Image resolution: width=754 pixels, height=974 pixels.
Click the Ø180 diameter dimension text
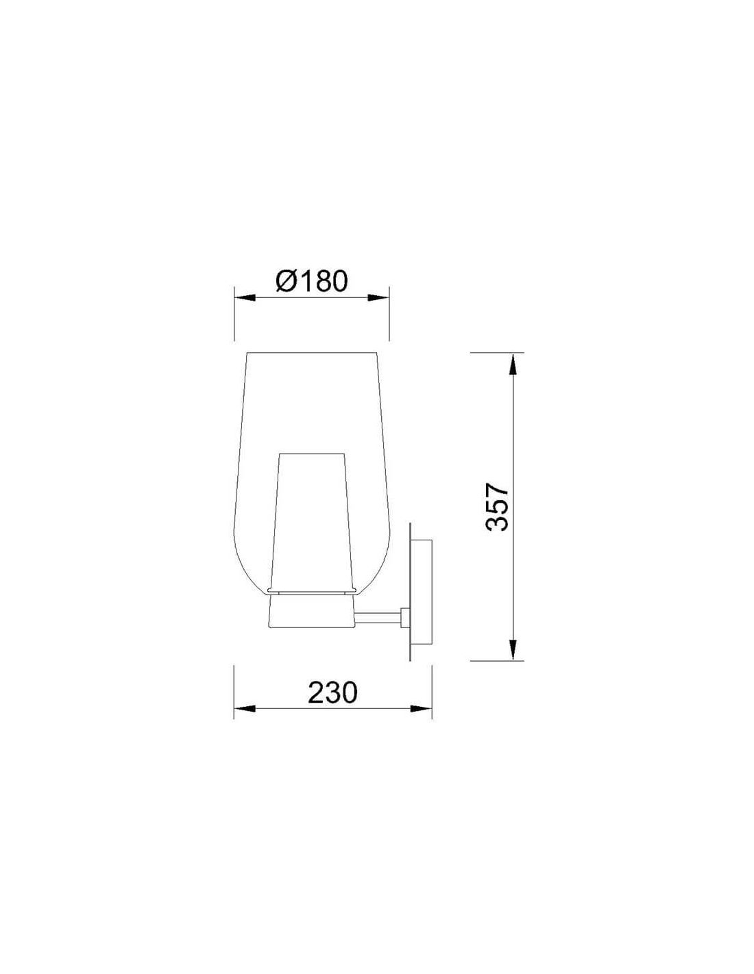[312, 282]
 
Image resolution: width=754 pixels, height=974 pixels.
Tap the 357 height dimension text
[498, 506]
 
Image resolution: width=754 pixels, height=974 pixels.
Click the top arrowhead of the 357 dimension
[514, 364]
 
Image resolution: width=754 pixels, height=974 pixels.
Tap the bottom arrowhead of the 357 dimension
[514, 649]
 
